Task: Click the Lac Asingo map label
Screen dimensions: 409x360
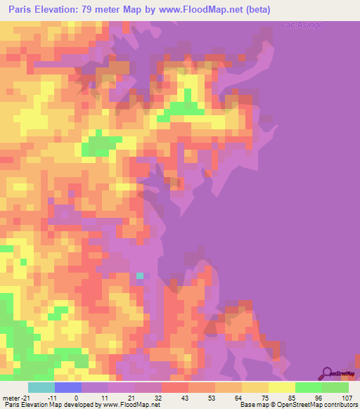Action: [x=297, y=26]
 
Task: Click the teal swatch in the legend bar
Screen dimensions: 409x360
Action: [x=41, y=387]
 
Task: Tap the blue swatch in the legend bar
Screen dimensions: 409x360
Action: [x=68, y=387]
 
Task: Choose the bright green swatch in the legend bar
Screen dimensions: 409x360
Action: [x=309, y=387]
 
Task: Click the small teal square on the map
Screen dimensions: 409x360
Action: [x=139, y=275]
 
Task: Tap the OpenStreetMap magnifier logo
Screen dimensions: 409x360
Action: [x=327, y=372]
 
